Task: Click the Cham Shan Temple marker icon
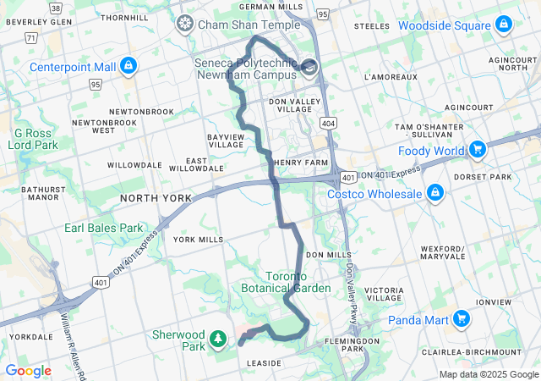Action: tap(183, 25)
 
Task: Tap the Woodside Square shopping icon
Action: tap(504, 25)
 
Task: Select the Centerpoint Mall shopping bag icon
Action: tap(128, 65)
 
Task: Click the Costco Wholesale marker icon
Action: tap(434, 194)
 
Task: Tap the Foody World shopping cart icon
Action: tap(477, 151)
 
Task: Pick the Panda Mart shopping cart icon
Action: tap(461, 319)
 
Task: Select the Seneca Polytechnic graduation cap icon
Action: tap(309, 67)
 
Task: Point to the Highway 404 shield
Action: tap(327, 124)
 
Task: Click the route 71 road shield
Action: tap(30, 38)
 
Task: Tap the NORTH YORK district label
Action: tap(156, 198)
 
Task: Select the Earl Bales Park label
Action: tap(104, 228)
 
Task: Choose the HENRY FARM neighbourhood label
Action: tap(300, 163)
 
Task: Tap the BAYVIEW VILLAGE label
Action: tap(226, 141)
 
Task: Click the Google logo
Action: tap(28, 371)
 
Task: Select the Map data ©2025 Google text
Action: tap(488, 375)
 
